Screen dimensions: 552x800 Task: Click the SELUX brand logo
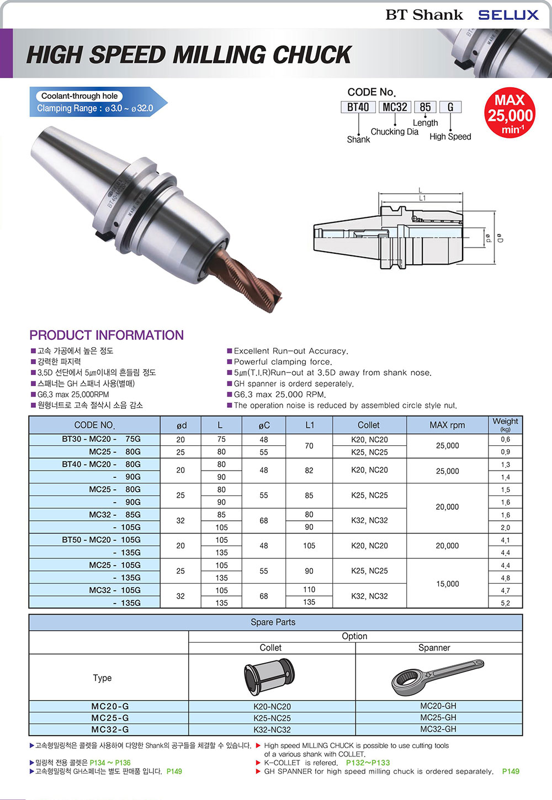(x=508, y=15)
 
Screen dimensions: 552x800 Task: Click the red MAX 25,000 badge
(x=510, y=113)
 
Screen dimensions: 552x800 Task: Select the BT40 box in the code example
(x=358, y=107)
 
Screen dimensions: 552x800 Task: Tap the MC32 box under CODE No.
(x=395, y=107)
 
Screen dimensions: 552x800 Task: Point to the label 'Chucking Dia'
(x=395, y=132)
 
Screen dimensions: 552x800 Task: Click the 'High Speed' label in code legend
(x=450, y=136)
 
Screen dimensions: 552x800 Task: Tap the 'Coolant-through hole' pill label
(x=79, y=96)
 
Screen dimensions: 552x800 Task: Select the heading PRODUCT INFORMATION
(x=107, y=335)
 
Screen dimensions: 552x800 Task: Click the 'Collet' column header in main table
(x=369, y=425)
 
